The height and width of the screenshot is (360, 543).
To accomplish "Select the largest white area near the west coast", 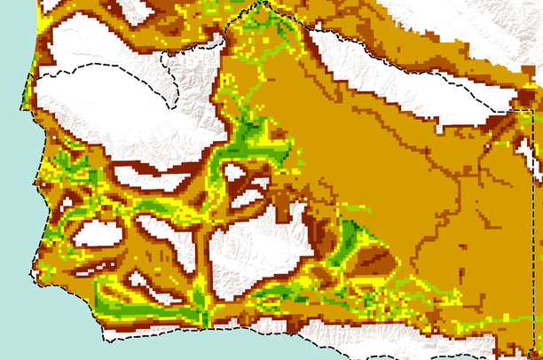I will click(x=106, y=98).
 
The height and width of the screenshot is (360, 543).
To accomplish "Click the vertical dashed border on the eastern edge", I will click(x=535, y=222).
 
